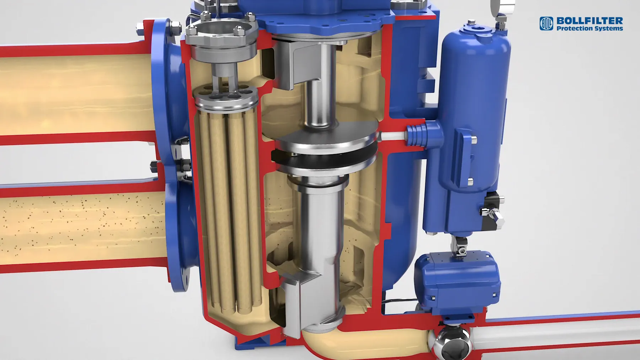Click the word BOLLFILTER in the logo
(590, 21)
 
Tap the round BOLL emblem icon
(546, 23)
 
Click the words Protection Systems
(590, 28)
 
